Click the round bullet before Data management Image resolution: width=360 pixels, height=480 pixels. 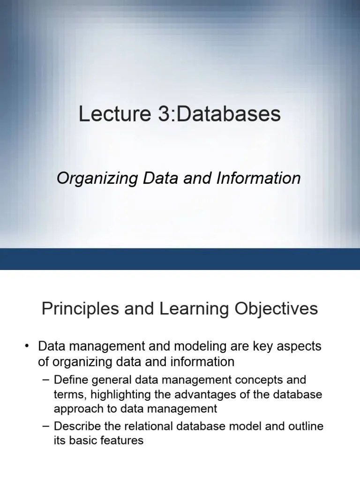[x=28, y=347]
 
